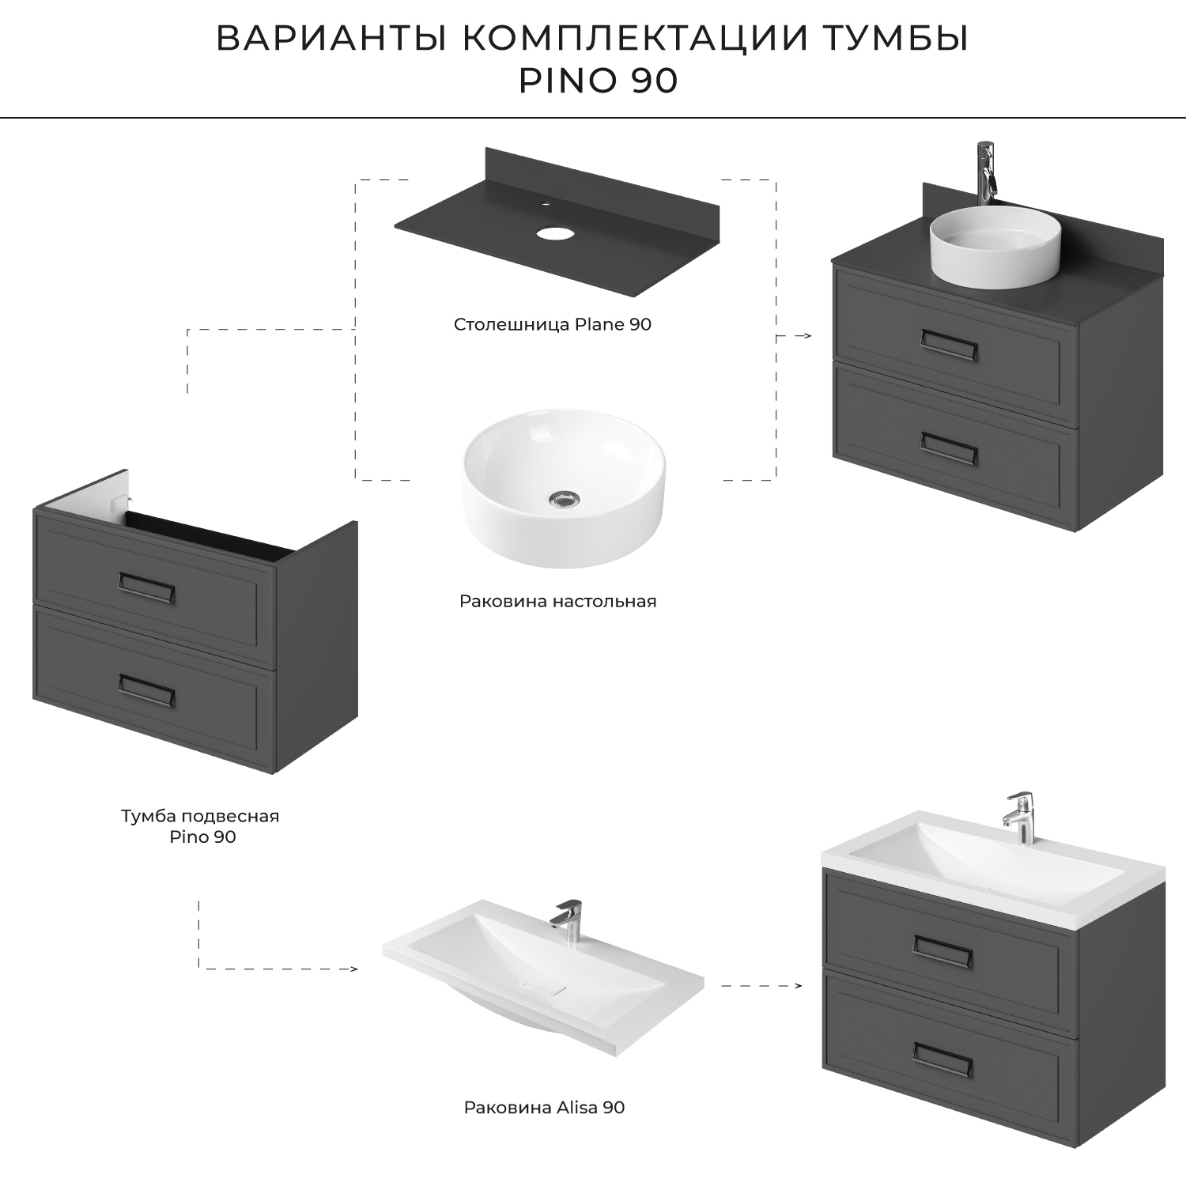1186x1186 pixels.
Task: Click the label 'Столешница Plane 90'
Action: coord(552,324)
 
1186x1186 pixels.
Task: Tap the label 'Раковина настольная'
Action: coord(557,601)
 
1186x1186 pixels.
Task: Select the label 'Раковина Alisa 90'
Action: coord(544,1107)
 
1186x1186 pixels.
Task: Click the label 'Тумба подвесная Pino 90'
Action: coord(200,825)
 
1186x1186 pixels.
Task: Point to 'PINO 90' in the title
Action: coord(598,81)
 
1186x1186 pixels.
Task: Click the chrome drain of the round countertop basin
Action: coord(564,498)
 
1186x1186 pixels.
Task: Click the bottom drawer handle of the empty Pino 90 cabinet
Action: coord(146,689)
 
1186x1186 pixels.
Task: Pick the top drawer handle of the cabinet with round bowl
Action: coord(949,345)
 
